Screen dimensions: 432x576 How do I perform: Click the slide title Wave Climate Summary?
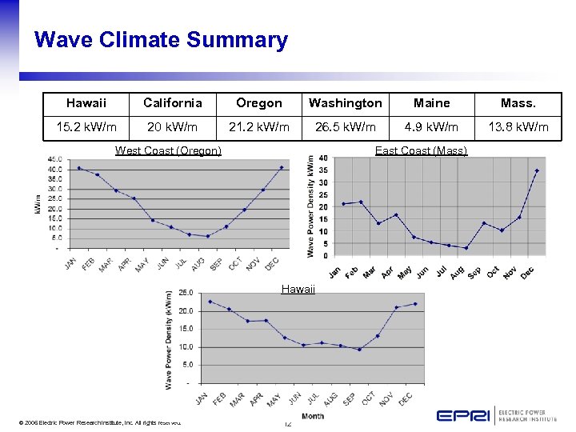pos(161,40)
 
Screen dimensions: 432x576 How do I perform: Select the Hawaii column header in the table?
pos(86,103)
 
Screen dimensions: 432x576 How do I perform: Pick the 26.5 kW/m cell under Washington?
pos(346,126)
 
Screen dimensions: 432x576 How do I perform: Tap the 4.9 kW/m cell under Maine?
pos(431,126)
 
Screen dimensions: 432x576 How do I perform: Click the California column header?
pos(172,103)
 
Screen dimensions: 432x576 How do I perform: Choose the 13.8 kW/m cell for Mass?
pos(519,126)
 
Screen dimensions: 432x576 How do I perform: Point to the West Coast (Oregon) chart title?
pos(168,150)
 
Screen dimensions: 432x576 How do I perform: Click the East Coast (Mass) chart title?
pos(421,150)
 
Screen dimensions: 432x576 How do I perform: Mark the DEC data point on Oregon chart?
pos(281,167)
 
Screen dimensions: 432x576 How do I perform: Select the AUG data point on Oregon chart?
pos(207,236)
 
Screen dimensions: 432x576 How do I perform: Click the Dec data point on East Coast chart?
pos(537,170)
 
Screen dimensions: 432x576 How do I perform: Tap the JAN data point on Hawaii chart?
pos(210,302)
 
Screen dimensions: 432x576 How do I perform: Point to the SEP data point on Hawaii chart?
pos(359,349)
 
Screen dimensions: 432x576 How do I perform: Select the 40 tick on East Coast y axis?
pos(322,158)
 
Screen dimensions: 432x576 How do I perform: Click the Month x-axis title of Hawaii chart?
pos(313,416)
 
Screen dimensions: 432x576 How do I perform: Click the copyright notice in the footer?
pos(93,422)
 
